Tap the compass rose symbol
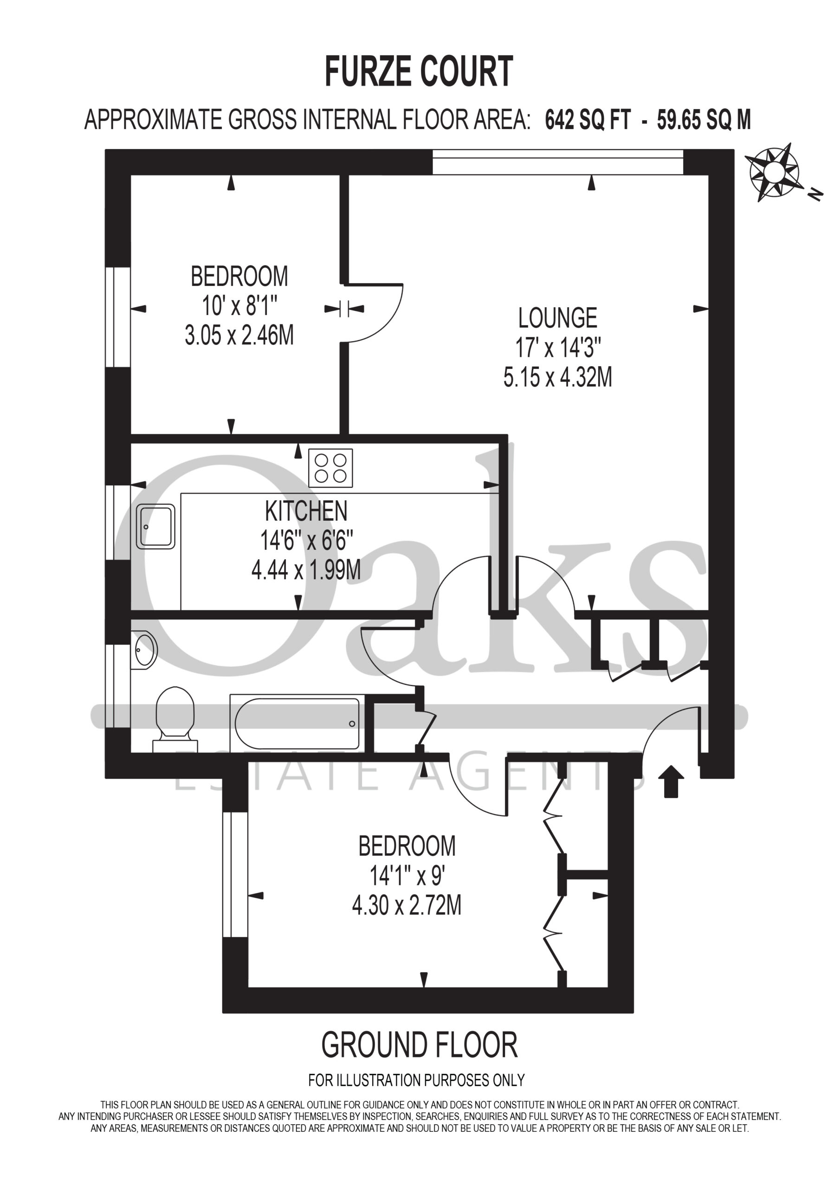pos(774,172)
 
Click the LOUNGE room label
pos(557,318)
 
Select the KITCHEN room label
pos(306,511)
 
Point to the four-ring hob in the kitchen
pos(331,468)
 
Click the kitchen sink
pos(156,526)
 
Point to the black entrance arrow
pos(671,781)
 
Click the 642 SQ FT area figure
pos(588,120)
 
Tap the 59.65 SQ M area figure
pos(704,120)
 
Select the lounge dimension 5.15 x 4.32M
pos(557,377)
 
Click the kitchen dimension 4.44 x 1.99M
pos(306,571)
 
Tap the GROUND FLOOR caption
pos(419,1045)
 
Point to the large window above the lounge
pos(557,162)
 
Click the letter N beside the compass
pos(815,194)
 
